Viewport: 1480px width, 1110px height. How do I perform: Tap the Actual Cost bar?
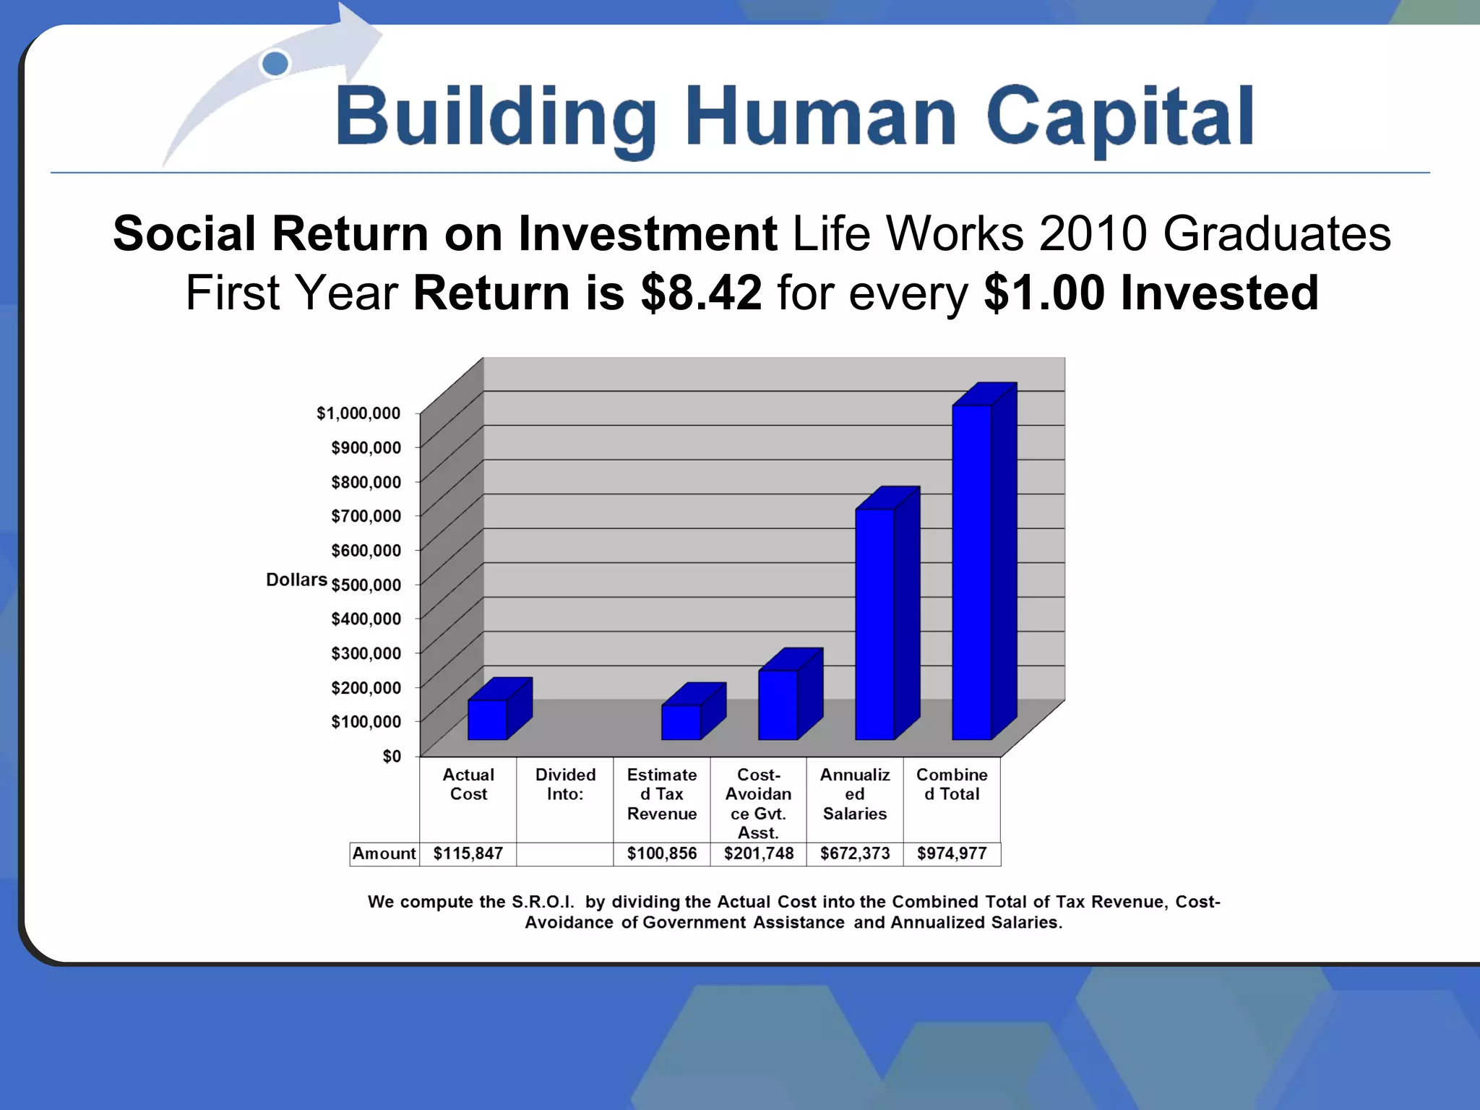click(487, 720)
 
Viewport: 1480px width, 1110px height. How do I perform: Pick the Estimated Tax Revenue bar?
click(681, 722)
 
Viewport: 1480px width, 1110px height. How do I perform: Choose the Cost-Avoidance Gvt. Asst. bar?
click(778, 705)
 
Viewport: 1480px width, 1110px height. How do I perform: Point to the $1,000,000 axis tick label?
click(358, 413)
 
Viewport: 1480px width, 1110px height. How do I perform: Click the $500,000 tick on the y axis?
click(366, 585)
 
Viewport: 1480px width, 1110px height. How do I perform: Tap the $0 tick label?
click(392, 756)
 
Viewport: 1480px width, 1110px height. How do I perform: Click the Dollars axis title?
click(296, 580)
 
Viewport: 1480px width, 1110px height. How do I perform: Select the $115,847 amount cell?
click(468, 853)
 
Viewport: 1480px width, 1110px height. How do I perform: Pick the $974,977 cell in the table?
click(952, 853)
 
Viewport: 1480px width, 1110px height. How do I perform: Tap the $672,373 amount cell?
click(855, 853)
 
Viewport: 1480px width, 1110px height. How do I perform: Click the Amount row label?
click(384, 853)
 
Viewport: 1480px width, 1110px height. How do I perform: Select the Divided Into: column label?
click(565, 784)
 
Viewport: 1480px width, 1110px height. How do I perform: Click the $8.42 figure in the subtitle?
click(701, 293)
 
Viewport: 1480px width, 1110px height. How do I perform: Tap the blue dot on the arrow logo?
click(275, 64)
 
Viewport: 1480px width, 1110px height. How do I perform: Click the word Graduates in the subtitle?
click(1277, 233)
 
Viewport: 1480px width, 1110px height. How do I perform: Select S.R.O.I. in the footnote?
click(543, 902)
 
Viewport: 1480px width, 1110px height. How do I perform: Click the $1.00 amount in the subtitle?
click(1044, 293)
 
